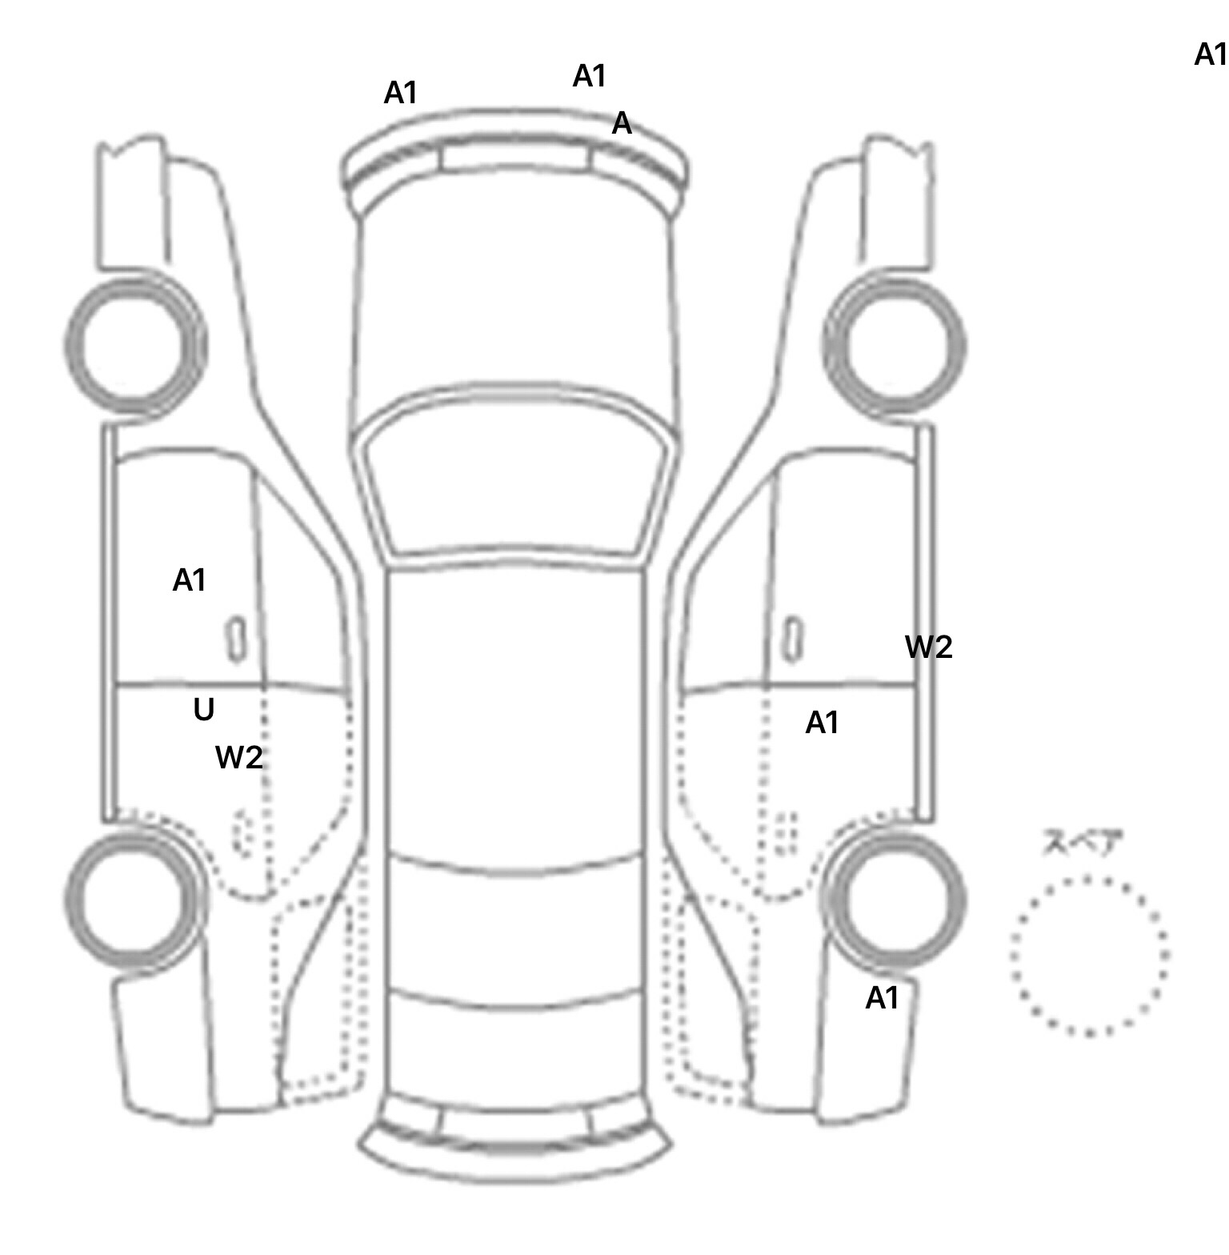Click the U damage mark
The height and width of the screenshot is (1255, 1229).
click(x=204, y=710)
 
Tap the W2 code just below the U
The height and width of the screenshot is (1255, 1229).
click(x=238, y=757)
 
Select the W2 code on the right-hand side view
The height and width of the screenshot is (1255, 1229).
click(x=929, y=647)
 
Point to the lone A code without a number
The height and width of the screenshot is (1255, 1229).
click(x=622, y=124)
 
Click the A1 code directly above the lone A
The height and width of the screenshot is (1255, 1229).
click(x=590, y=76)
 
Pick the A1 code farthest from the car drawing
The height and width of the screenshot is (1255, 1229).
click(x=1210, y=54)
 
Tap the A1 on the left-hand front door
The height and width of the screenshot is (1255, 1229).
click(x=190, y=580)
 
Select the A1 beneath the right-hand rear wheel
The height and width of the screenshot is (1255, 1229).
click(x=882, y=998)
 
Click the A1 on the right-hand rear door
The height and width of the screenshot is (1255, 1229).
click(x=822, y=723)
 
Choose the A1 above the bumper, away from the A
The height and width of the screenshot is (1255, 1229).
click(x=401, y=94)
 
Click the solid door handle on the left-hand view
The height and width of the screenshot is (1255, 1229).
click(x=236, y=640)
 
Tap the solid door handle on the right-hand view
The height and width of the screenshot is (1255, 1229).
click(x=792, y=640)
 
